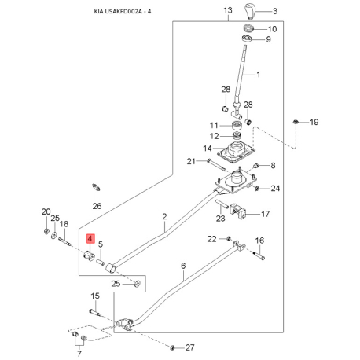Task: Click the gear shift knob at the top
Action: [x=250, y=12]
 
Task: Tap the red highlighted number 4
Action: [x=90, y=238]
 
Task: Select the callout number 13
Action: [x=228, y=10]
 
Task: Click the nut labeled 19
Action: [x=296, y=122]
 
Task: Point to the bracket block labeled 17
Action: [x=238, y=211]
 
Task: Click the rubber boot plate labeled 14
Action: [x=236, y=152]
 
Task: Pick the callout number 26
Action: [x=97, y=206]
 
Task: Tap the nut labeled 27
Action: [x=172, y=347]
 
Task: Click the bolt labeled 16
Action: [x=259, y=255]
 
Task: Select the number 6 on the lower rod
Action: [x=183, y=266]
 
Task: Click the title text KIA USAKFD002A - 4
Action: [x=123, y=12]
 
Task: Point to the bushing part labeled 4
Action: [x=89, y=255]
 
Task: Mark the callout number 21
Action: [x=191, y=161]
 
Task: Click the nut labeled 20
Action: [x=46, y=231]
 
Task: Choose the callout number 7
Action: [x=79, y=354]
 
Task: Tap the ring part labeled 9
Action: [x=247, y=39]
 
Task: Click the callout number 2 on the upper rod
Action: [x=164, y=216]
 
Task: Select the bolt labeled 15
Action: [x=95, y=312]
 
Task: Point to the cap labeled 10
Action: [x=249, y=28]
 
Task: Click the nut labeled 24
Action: [x=257, y=189]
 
